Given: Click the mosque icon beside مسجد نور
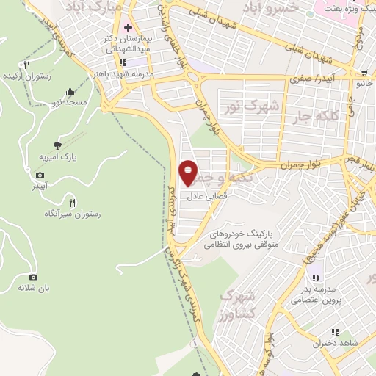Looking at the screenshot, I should coord(69,92).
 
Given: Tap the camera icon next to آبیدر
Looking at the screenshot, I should coord(40,175).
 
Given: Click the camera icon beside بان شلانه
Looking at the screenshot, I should coord(33,277).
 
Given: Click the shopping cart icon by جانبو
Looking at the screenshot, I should coord(363,73).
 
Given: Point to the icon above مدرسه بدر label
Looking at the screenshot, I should coord(315,278).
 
